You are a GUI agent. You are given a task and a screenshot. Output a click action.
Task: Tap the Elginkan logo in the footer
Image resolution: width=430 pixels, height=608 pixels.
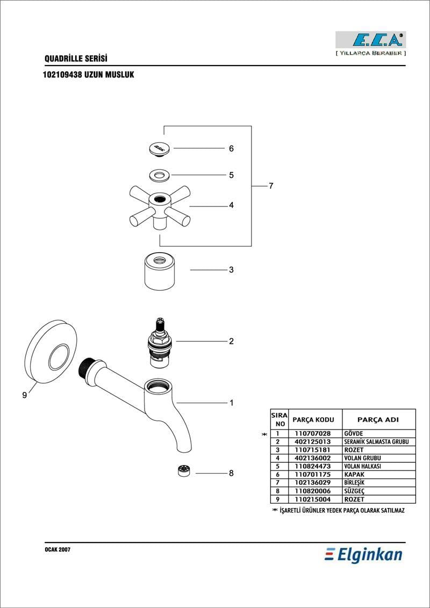point(363,555)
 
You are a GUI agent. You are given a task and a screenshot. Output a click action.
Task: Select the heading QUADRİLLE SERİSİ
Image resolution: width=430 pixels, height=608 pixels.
point(76,59)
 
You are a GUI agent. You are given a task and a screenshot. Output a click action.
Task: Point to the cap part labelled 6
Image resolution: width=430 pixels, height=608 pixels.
point(159,149)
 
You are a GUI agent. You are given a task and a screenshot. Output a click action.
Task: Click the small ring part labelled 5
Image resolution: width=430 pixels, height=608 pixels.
point(159,176)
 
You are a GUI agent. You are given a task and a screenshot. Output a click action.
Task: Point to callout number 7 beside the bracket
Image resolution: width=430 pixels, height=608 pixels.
point(271,186)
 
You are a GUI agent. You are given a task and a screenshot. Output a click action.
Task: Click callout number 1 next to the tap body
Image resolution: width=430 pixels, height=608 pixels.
point(232,403)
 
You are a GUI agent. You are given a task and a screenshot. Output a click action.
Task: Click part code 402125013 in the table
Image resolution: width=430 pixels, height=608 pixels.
point(312,442)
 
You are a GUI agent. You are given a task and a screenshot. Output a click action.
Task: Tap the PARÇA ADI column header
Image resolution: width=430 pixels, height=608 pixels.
point(378,419)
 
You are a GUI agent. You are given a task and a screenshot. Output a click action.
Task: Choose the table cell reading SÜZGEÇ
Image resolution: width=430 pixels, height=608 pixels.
point(353,491)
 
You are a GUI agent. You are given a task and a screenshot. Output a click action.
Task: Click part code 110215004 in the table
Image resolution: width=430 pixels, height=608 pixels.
point(312,499)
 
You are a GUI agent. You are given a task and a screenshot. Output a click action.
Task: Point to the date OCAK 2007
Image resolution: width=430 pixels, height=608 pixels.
point(58,550)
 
